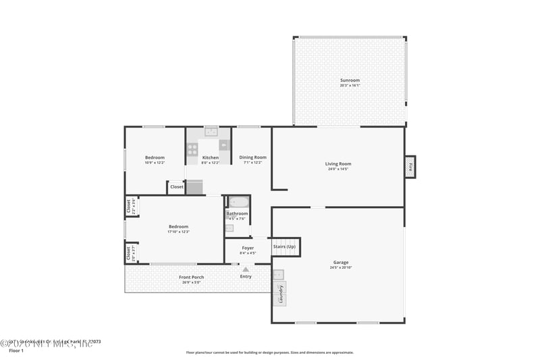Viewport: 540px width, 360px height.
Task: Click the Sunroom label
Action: (350, 80)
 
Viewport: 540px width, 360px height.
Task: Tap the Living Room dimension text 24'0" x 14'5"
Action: (338, 169)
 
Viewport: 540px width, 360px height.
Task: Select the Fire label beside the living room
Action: (410, 166)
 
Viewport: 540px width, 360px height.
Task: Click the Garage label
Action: (341, 262)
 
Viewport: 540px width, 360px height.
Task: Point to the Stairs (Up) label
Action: (284, 247)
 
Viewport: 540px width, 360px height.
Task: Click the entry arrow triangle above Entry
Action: (246, 269)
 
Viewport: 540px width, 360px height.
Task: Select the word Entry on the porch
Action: (246, 276)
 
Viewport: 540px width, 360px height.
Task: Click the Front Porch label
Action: (192, 277)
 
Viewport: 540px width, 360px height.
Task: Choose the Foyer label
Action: (248, 248)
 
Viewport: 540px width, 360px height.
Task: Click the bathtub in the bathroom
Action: (238, 202)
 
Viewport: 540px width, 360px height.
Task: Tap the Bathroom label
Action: (237, 213)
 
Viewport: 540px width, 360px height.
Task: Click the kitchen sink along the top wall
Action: (211, 132)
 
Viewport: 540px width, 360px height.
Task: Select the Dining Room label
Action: (253, 157)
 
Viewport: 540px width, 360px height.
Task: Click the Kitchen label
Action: (211, 157)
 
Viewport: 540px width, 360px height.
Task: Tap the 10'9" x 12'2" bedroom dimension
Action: (155, 163)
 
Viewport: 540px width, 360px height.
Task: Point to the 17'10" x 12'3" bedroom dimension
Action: (178, 232)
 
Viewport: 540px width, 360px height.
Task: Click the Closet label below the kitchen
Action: (176, 187)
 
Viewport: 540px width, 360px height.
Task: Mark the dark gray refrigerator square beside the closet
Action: (194, 187)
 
